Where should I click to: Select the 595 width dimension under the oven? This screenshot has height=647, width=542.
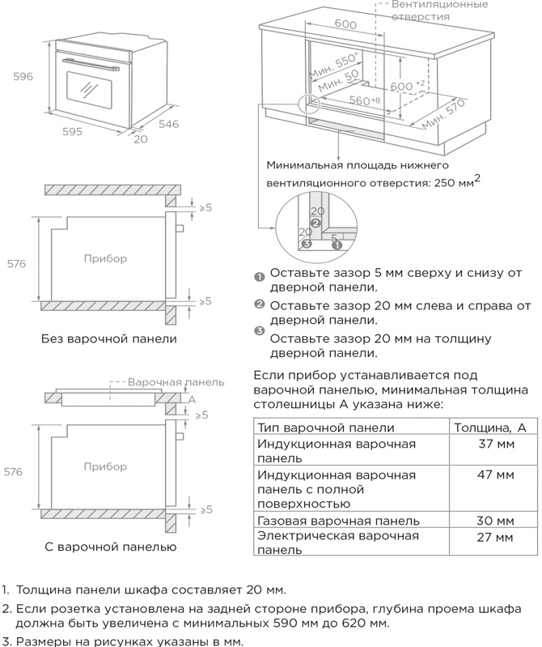pos(72,131)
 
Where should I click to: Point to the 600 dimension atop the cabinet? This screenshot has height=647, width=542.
pos(345,25)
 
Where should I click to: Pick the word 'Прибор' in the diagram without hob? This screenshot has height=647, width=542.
pos(104,258)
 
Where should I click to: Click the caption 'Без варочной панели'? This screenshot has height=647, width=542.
pos(108,338)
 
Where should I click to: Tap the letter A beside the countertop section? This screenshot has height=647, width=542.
pos(193,399)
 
